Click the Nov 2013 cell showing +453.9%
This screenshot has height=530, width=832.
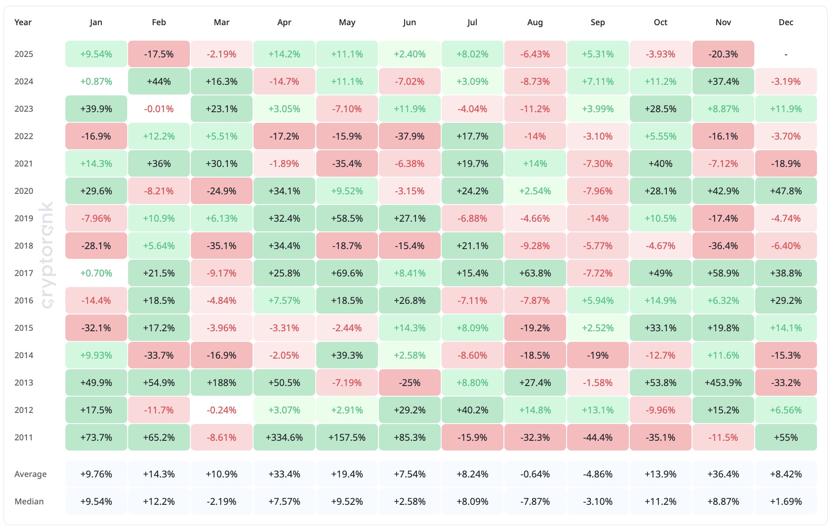click(723, 382)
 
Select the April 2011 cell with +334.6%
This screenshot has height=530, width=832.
click(284, 437)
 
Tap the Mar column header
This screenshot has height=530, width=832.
click(222, 22)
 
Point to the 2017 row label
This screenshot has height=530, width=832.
click(24, 273)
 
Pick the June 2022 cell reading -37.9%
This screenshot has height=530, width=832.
click(410, 136)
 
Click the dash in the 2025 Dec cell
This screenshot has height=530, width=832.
click(786, 54)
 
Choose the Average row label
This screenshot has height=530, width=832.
click(30, 474)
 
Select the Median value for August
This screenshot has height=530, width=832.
click(535, 501)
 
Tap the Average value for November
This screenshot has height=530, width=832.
click(723, 474)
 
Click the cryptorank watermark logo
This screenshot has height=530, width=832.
click(47, 255)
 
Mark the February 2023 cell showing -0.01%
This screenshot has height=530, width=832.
click(159, 109)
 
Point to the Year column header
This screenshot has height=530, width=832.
click(23, 22)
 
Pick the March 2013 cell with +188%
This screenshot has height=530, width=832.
click(222, 382)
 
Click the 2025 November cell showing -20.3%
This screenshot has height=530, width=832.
click(723, 54)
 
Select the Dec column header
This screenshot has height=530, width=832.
click(786, 22)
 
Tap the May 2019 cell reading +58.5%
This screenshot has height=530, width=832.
click(347, 218)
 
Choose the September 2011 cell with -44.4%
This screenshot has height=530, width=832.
click(598, 437)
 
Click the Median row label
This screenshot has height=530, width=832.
click(29, 501)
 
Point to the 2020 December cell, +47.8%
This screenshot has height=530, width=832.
click(786, 191)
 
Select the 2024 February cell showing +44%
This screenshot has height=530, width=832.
click(159, 81)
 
